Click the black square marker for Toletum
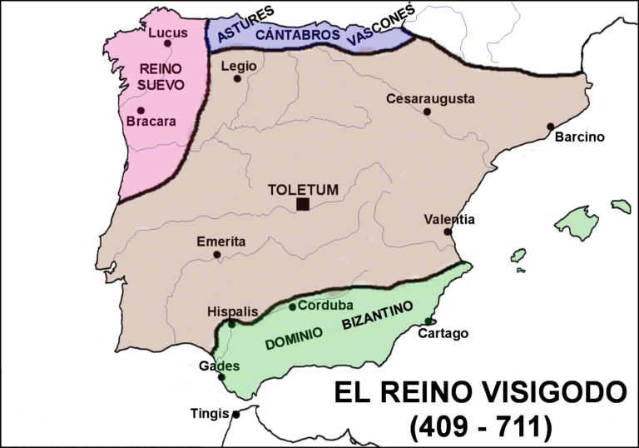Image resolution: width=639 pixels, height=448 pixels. [x=303, y=204]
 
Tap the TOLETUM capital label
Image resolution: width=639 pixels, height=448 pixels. [x=303, y=189]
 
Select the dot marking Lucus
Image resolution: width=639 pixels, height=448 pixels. [x=167, y=43]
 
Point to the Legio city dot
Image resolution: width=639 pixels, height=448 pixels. [x=237, y=79]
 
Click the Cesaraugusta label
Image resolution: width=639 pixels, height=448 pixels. [x=430, y=98]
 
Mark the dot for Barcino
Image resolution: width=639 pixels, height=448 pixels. [x=550, y=127]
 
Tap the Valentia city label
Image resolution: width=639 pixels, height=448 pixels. [x=449, y=220]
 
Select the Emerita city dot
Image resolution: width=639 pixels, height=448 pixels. [x=217, y=255]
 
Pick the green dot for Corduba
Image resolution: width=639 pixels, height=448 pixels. [x=292, y=306]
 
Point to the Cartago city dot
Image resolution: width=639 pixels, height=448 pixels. [x=428, y=321]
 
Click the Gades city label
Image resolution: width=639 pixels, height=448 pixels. [x=220, y=366]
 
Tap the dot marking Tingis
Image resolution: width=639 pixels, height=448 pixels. [x=236, y=414]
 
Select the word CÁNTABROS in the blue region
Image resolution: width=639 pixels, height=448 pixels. [x=297, y=35]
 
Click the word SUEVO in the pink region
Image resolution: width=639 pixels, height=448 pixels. [x=156, y=84]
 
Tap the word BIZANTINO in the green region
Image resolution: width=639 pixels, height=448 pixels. [x=377, y=317]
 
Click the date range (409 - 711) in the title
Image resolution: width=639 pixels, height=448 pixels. [x=480, y=426]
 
